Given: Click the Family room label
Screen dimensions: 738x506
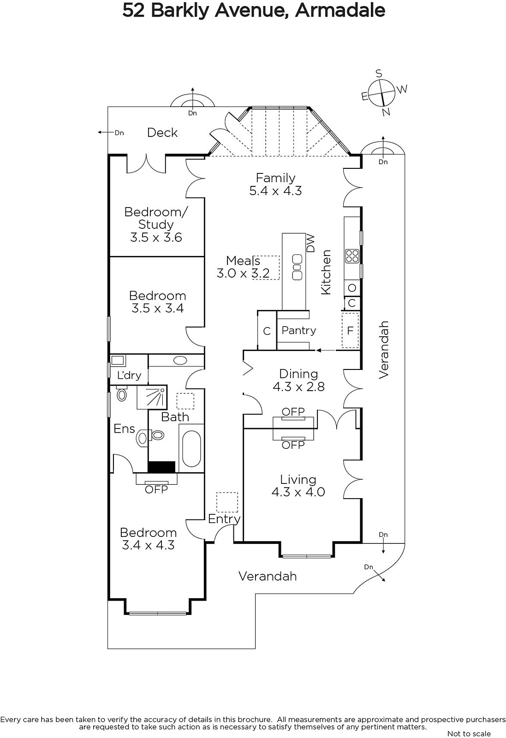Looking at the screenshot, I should (x=275, y=178).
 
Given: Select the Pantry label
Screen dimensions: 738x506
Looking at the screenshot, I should (x=298, y=330).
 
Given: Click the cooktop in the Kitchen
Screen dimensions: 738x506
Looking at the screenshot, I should (x=352, y=256).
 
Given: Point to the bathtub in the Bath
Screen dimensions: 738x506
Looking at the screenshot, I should (x=191, y=449).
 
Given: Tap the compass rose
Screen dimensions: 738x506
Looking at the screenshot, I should (x=382, y=93).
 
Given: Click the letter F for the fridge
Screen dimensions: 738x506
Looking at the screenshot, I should (x=350, y=330).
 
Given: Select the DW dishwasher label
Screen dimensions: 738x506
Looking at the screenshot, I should (x=310, y=243).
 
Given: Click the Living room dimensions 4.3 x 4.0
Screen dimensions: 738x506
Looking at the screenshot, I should (x=298, y=492).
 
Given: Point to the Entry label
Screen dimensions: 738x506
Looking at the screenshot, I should (x=224, y=519).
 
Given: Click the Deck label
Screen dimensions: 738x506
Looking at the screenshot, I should (x=162, y=133).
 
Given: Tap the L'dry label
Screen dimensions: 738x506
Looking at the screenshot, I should (x=129, y=375).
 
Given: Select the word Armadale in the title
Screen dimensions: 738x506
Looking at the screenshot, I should (x=340, y=10).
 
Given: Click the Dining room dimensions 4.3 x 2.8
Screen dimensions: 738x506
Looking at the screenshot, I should (x=298, y=387).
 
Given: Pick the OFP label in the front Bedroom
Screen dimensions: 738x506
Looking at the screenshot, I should (x=156, y=489).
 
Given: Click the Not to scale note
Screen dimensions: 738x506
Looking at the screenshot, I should (x=469, y=733).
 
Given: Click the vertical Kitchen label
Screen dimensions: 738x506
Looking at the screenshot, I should (x=326, y=272).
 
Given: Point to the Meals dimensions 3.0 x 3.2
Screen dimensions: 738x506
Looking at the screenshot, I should (x=243, y=273).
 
